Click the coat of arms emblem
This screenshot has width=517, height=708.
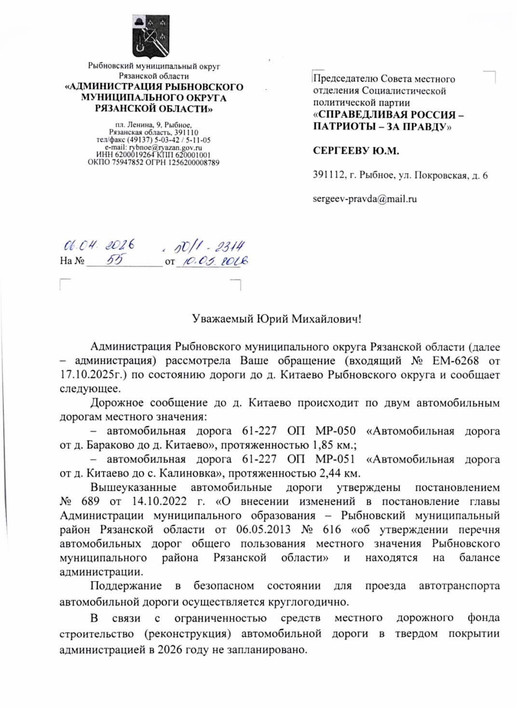point(151,36)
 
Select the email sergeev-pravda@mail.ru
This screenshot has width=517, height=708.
point(365,199)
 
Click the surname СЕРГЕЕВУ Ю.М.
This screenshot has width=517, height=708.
point(355,151)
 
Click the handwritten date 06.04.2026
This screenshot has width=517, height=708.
point(99,245)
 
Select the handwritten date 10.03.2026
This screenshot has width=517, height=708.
point(212,261)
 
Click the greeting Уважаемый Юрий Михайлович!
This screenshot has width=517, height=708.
point(276,319)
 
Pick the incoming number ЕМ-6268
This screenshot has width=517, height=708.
point(455,361)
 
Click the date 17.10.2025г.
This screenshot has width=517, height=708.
point(92,375)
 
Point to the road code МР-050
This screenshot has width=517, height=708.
point(335,431)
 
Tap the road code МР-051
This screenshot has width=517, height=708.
point(335,459)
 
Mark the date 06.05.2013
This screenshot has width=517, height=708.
point(263,530)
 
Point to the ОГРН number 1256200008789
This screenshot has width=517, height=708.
point(193,163)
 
